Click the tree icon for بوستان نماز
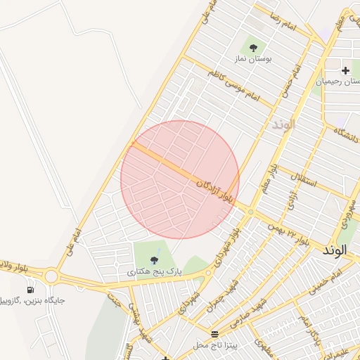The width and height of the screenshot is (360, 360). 253,48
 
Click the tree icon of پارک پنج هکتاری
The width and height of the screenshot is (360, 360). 154,260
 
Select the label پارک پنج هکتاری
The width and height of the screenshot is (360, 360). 154,271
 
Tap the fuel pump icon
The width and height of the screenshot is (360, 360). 30,289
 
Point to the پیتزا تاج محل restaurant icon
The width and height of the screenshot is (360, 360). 214,333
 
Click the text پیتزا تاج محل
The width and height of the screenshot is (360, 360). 217,345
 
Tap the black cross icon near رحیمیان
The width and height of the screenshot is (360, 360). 345,70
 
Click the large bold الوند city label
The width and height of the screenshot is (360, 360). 335,250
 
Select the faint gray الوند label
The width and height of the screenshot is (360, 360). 283,124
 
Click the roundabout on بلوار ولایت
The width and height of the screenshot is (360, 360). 51,276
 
